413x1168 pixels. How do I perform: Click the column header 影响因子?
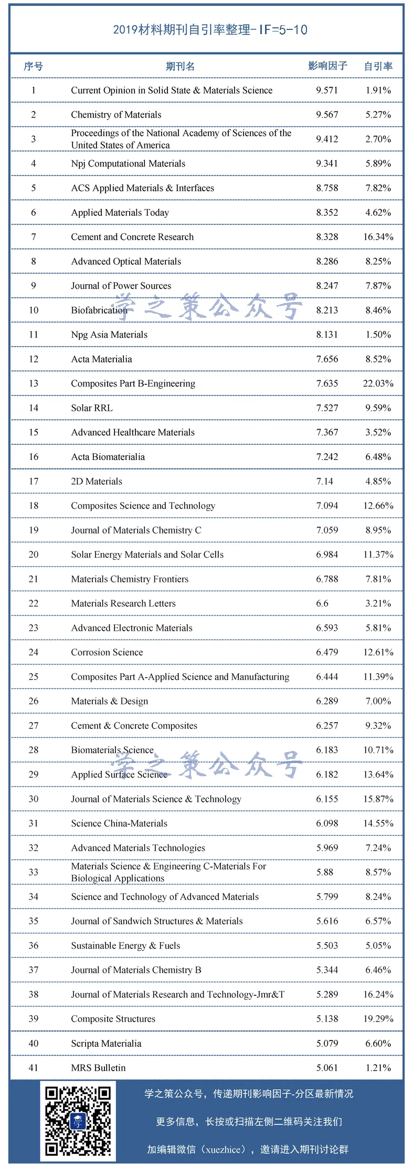pyautogui.click(x=327, y=66)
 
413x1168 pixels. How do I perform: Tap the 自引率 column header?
pyautogui.click(x=378, y=66)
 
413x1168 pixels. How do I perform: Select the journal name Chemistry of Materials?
pyautogui.click(x=116, y=114)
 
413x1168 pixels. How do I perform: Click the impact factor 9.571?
pyautogui.click(x=327, y=90)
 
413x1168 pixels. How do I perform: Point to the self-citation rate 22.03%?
pyautogui.click(x=378, y=383)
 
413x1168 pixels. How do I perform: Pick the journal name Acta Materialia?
pyautogui.click(x=101, y=359)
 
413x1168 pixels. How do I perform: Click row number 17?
pyautogui.click(x=34, y=481)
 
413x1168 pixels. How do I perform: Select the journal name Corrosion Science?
pyautogui.click(x=107, y=652)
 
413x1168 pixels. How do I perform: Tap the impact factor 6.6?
pyautogui.click(x=322, y=603)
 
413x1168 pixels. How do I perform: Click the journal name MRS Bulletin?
pyautogui.click(x=98, y=1068)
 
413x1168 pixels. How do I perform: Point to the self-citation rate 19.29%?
pyautogui.click(x=378, y=1019)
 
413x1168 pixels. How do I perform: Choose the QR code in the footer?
pyautogui.click(x=78, y=1121)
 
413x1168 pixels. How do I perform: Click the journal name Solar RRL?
pyautogui.click(x=92, y=408)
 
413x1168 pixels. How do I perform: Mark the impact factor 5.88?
pyautogui.click(x=325, y=872)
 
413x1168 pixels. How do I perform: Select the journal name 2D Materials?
pyautogui.click(x=97, y=481)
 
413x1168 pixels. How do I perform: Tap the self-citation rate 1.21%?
pyautogui.click(x=378, y=1068)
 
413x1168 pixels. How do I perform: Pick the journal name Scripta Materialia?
pyautogui.click(x=106, y=1044)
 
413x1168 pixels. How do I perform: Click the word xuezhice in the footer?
pyautogui.click(x=223, y=1150)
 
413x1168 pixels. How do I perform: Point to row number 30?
pyautogui.click(x=34, y=799)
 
